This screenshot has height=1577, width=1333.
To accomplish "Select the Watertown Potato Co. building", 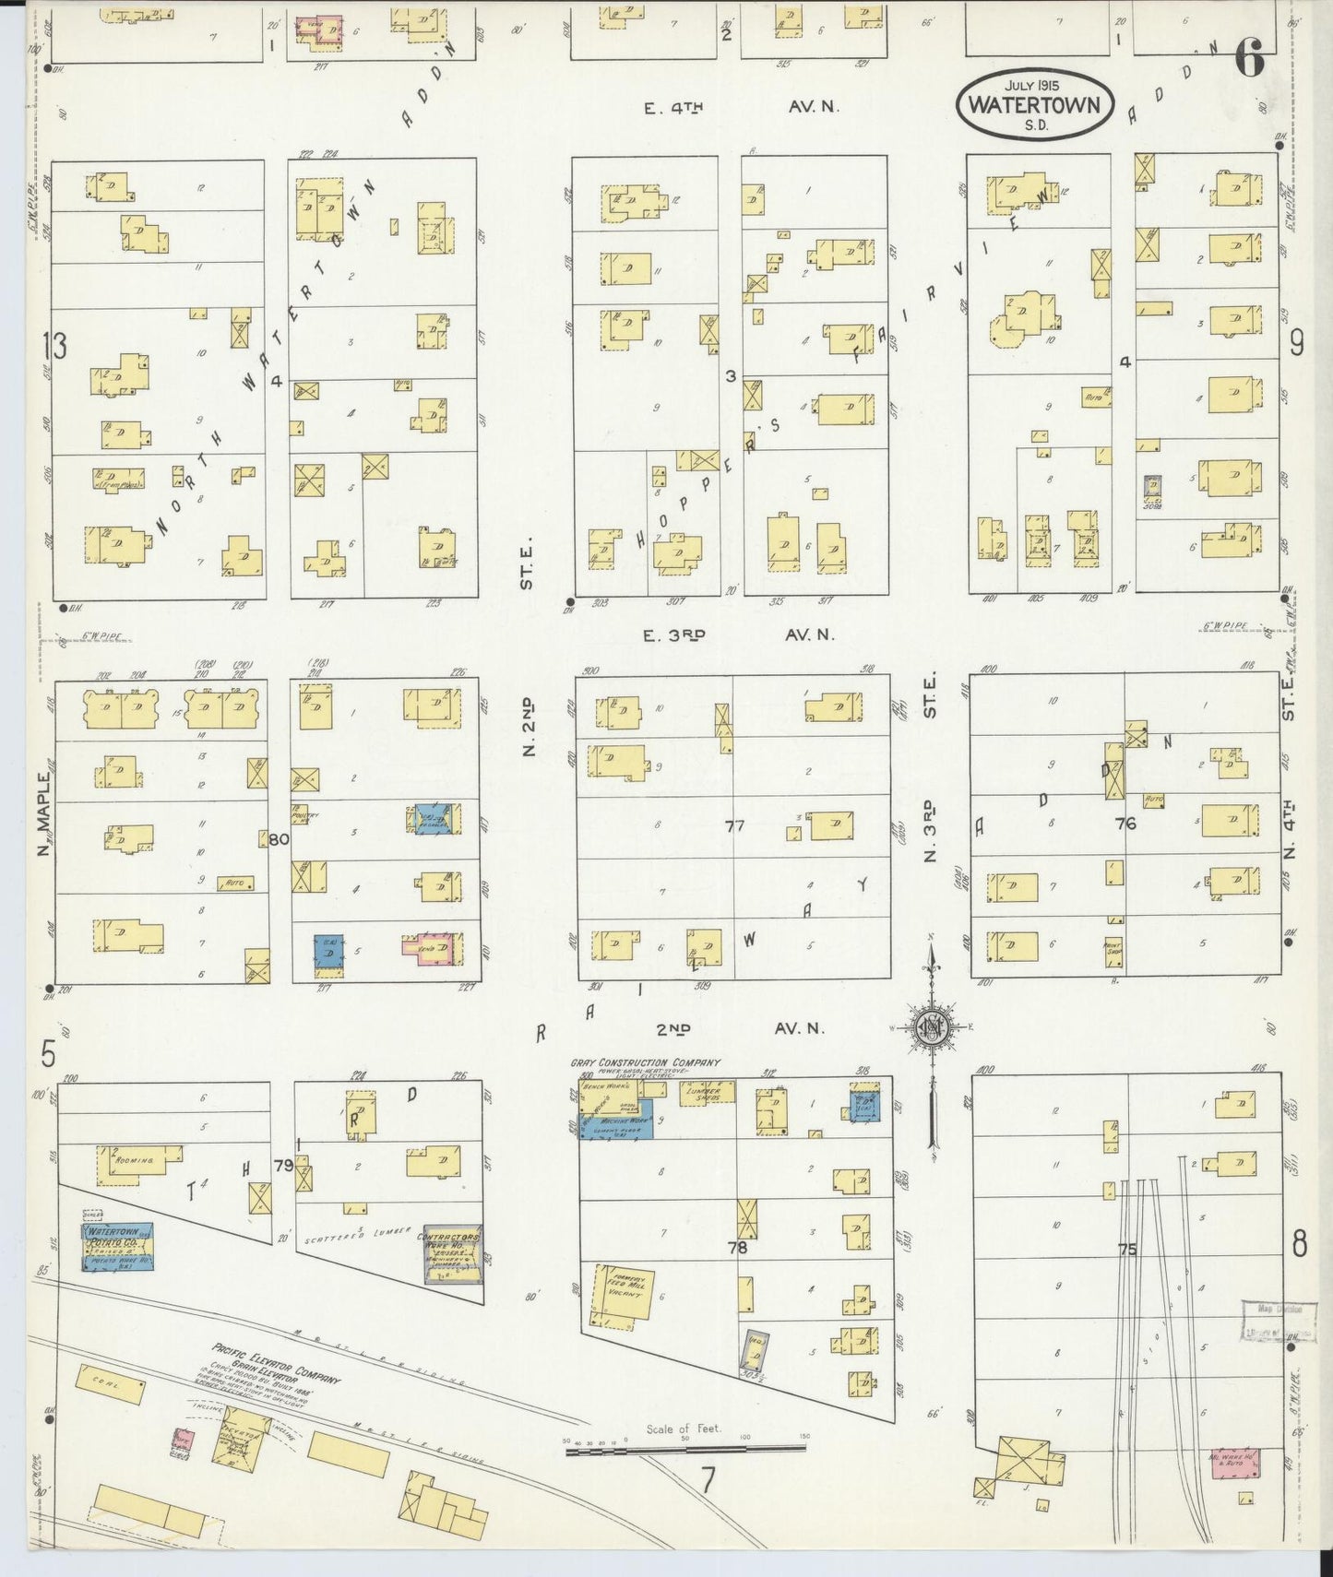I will (118, 1246).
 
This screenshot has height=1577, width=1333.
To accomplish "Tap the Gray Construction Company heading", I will (645, 1063).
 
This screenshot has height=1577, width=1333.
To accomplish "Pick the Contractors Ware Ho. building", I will (452, 1256).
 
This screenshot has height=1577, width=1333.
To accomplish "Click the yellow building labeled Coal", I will (111, 1385).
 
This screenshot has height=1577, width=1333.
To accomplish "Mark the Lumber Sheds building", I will (708, 1092).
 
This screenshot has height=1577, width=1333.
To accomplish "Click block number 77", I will (734, 826).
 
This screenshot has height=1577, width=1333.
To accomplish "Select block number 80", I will (280, 839).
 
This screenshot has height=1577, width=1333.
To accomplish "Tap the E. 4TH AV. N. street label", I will (741, 107).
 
